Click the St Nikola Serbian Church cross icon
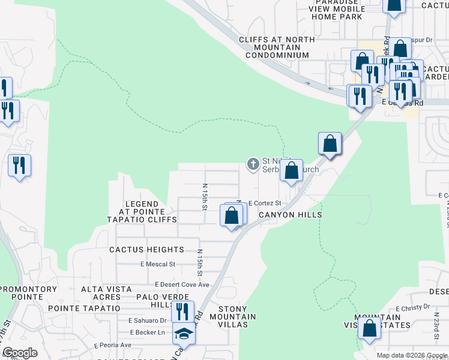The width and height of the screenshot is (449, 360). tap(253, 163)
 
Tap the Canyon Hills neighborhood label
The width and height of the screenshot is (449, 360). tap(291, 215)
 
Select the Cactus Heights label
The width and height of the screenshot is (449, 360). tap(146, 250)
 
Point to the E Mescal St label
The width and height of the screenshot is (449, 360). tap(157, 264)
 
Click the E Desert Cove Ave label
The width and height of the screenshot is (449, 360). tap(182, 284)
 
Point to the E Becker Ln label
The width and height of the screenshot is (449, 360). tap(147, 332)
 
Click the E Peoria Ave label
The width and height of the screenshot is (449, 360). tap(113, 345)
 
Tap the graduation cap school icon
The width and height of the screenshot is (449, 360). tap(184, 334)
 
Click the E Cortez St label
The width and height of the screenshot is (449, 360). tap(265, 203)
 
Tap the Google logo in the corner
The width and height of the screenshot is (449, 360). tap(20, 353)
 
